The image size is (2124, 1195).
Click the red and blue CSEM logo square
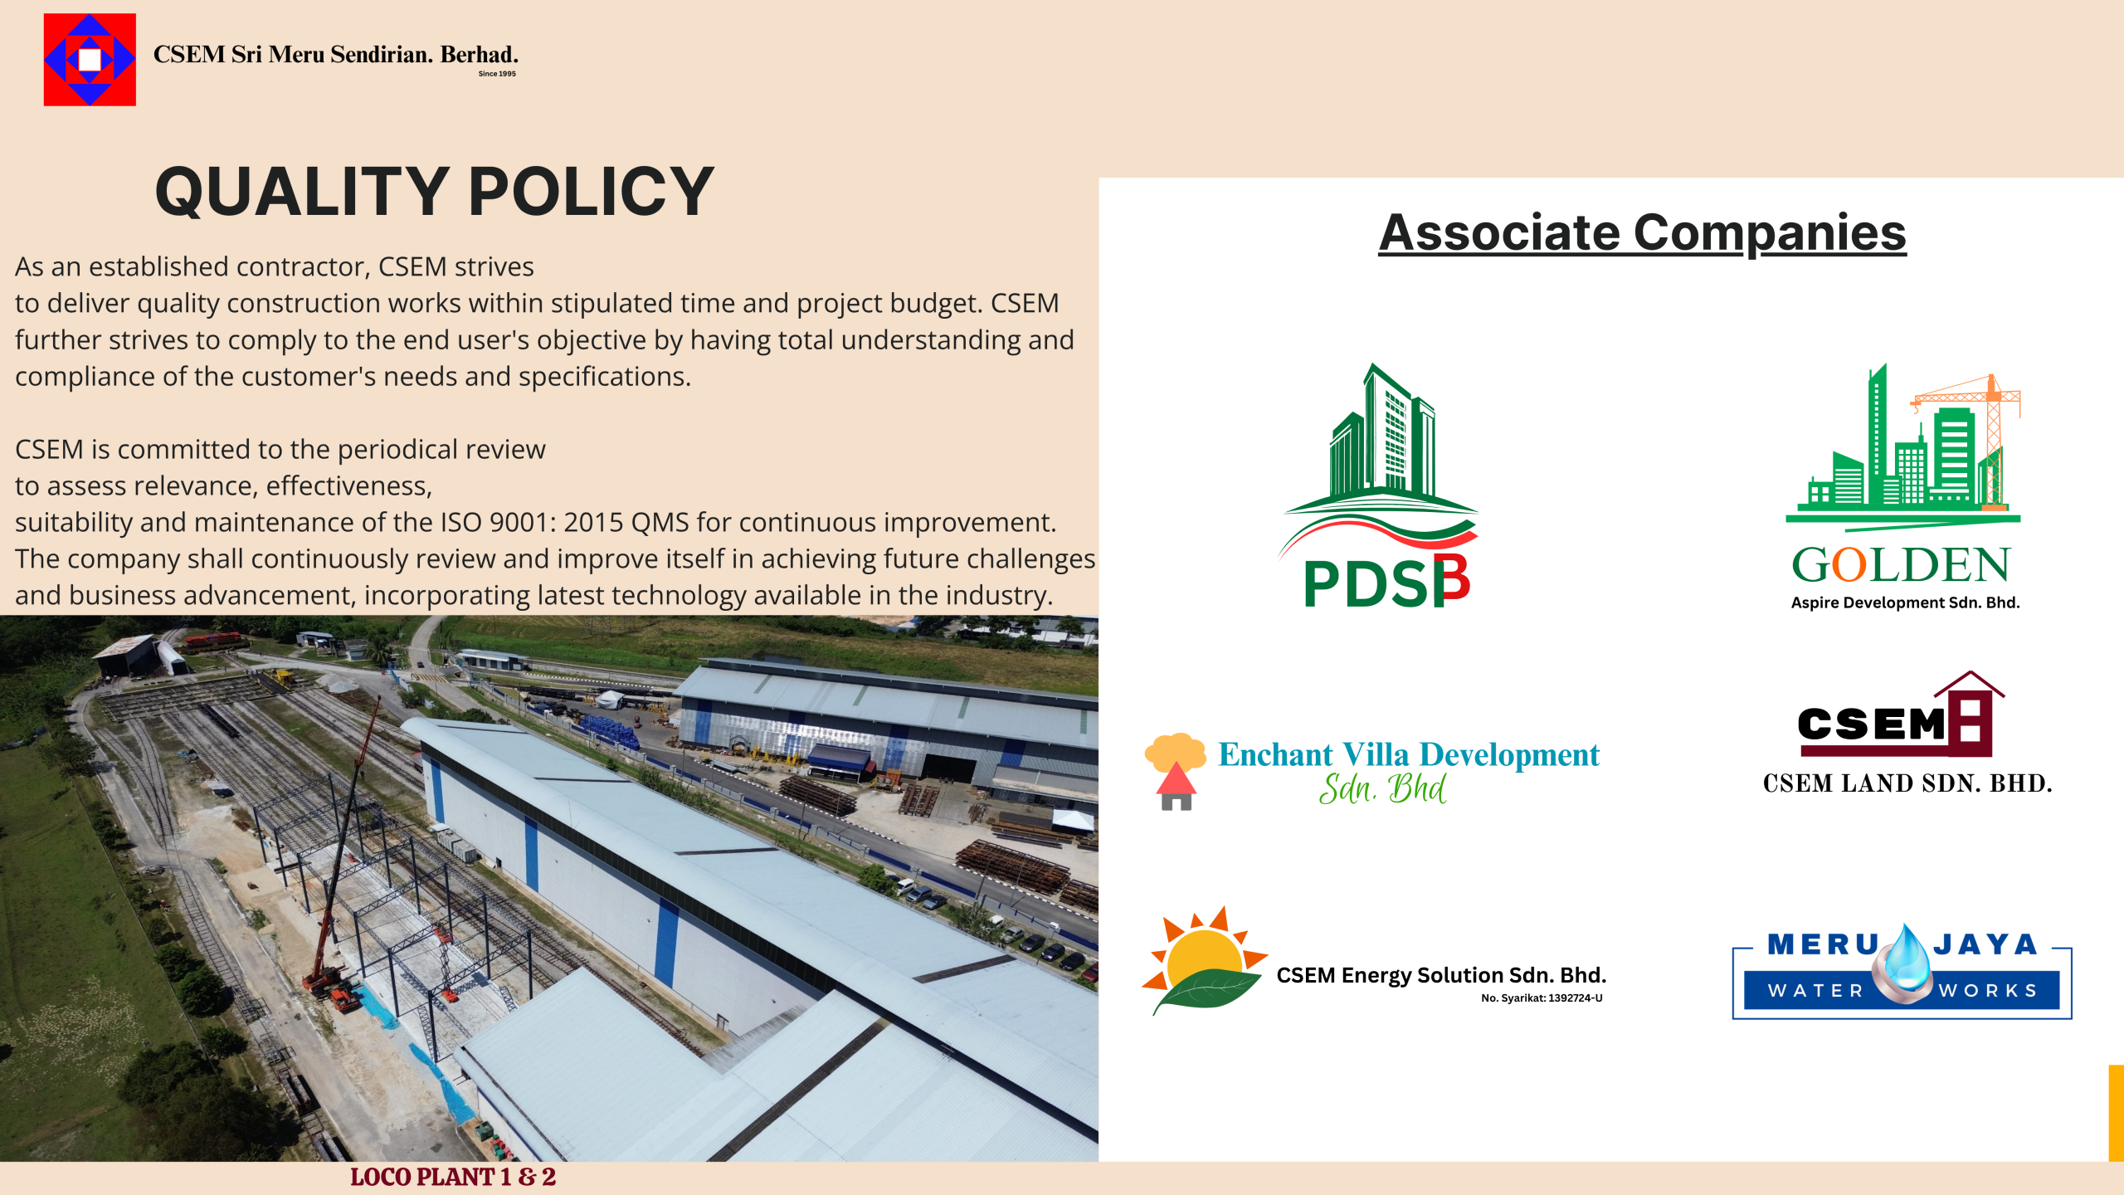(90, 60)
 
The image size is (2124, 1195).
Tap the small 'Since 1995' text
(497, 74)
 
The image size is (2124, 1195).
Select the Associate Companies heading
(1642, 232)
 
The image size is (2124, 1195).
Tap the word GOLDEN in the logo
(1901, 565)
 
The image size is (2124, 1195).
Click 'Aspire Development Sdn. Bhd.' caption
(1905, 602)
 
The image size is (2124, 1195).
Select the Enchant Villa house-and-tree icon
(1175, 771)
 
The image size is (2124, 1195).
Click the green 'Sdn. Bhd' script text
(1382, 788)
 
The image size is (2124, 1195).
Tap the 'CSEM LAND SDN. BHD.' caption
(1907, 783)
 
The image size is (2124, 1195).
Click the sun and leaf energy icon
(1205, 960)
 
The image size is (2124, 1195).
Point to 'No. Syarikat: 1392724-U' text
(1542, 998)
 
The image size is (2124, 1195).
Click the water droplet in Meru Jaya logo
(1906, 963)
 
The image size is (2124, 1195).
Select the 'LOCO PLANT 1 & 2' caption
(453, 1178)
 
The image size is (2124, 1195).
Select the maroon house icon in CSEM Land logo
(1970, 714)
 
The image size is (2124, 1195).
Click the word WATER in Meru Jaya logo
(1815, 991)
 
